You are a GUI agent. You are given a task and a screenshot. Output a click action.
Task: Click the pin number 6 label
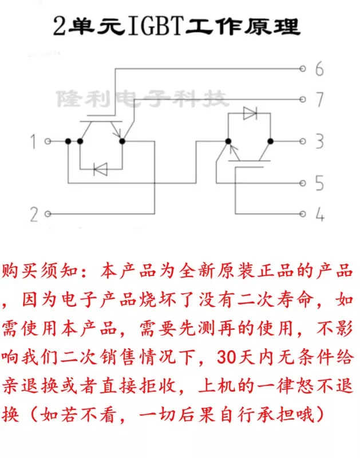319,70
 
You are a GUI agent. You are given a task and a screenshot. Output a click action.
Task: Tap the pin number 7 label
319,100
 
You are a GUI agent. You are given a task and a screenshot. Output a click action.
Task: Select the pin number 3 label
319,141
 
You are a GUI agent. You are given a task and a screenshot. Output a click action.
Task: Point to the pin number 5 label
319,184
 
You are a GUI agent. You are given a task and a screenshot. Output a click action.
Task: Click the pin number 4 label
319,215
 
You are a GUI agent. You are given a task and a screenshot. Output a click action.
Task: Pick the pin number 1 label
34,141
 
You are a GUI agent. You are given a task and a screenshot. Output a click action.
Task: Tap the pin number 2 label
34,215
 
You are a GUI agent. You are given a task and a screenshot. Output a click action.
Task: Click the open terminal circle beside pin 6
303,69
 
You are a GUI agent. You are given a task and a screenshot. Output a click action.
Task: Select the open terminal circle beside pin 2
48,214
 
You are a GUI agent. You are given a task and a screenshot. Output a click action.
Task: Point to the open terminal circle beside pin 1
48,141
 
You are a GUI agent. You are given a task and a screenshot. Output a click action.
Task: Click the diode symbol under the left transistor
101,169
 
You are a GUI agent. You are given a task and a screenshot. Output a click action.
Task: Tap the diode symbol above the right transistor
250,113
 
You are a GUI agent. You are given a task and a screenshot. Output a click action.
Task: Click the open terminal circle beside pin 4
303,214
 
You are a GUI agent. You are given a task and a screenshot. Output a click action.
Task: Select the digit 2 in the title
59,26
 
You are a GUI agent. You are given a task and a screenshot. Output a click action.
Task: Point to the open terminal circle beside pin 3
303,141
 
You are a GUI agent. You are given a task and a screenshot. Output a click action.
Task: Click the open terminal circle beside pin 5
303,183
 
